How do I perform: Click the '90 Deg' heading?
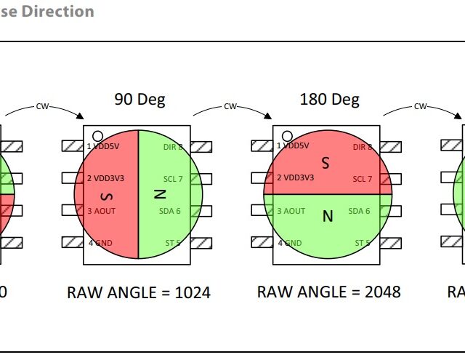point(139,100)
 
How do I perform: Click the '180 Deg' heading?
point(329,100)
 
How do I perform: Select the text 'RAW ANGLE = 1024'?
point(139,292)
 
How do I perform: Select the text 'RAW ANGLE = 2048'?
point(328,292)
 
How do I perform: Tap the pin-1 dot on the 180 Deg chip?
point(287,136)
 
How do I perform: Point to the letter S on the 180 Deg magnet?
point(325,164)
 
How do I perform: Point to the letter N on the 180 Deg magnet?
point(327,216)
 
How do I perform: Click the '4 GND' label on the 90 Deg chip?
point(102,242)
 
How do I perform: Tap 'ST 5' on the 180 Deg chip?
point(363,242)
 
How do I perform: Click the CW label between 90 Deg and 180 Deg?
point(230,107)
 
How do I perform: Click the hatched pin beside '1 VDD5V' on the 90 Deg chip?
point(73,146)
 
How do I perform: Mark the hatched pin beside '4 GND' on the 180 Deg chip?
point(262,242)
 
